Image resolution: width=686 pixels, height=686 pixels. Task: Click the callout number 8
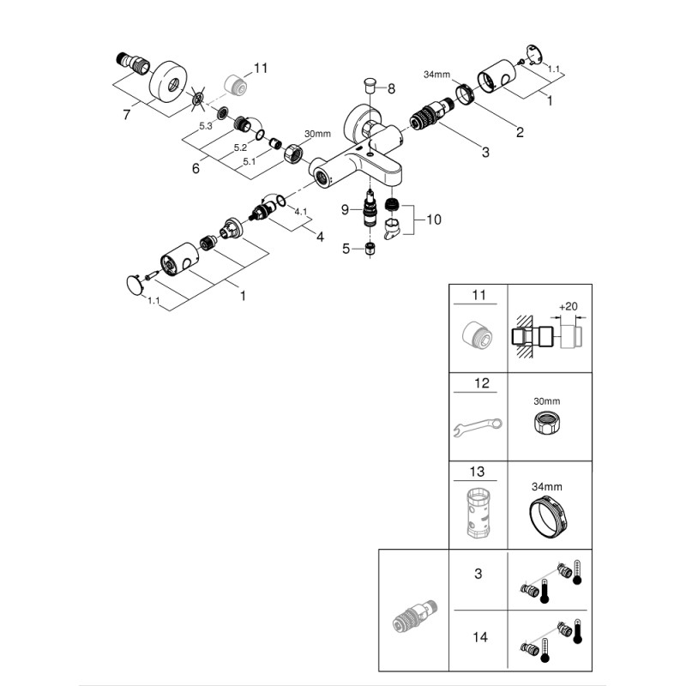coord(391,88)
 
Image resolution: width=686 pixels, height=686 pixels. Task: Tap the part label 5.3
coord(205,126)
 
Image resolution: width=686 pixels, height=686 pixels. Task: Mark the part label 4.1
coord(299,211)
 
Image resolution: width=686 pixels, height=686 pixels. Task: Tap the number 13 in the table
coord(478,471)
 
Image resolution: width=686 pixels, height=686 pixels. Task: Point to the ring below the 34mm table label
coord(549,517)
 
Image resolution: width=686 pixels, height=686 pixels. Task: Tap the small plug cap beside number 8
coord(369,85)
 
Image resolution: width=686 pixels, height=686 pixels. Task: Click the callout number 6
coord(196,168)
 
